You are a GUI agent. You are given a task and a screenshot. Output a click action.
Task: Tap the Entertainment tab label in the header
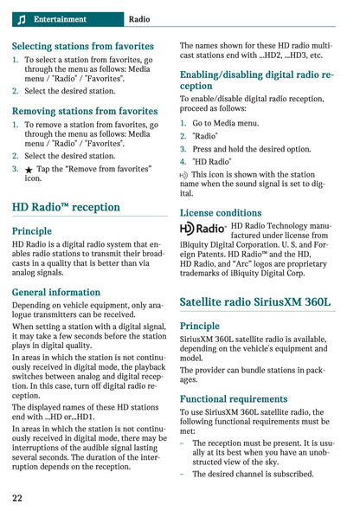point(60,19)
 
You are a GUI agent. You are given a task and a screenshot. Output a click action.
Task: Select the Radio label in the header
point(138,19)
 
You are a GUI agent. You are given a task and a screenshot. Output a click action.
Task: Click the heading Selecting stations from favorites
point(83,46)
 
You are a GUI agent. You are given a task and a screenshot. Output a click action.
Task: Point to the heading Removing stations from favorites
point(85,111)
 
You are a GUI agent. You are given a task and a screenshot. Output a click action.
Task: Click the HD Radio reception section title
point(66,207)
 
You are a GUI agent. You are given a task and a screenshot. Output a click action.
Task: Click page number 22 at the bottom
point(17,498)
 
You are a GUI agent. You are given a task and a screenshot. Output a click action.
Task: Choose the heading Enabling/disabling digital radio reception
point(256,81)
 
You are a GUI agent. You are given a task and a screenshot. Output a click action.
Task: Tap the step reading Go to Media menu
point(225,123)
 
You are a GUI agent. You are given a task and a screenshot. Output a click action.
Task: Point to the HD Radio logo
point(203,229)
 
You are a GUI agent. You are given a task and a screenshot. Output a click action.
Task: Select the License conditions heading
point(221,212)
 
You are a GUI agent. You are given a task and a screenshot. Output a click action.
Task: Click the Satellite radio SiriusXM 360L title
point(255,302)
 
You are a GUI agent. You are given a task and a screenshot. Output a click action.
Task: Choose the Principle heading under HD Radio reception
point(32,231)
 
